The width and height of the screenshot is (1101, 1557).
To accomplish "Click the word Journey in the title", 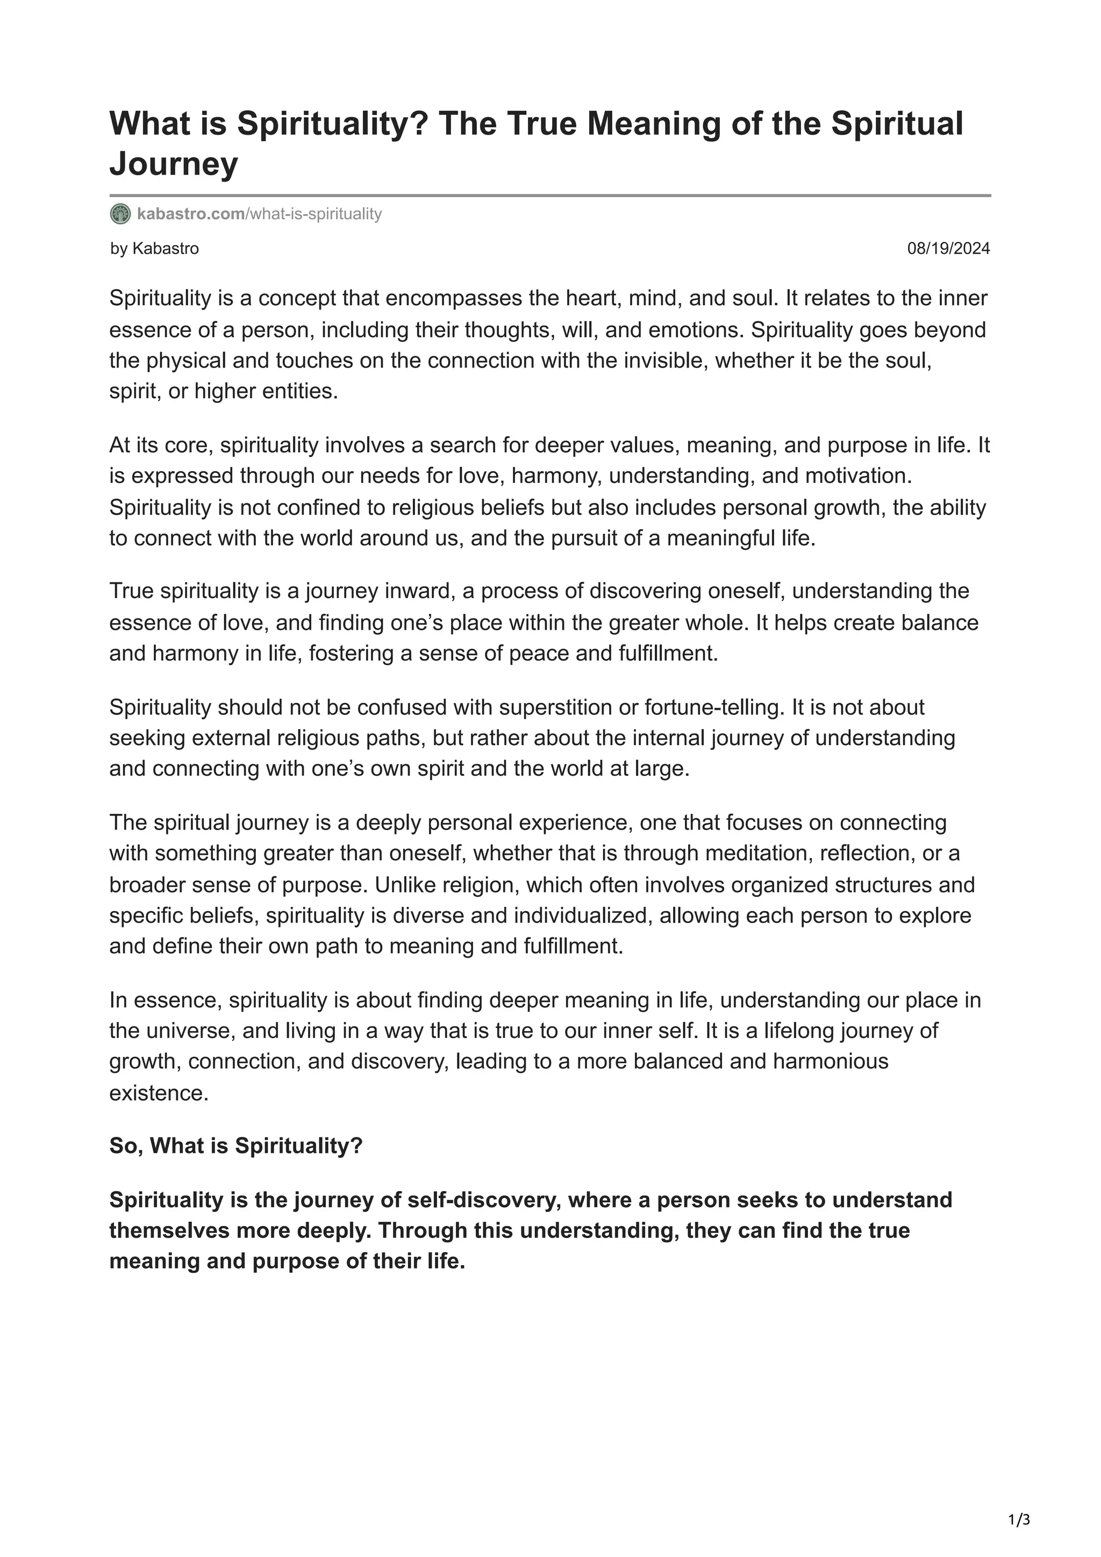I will tap(174, 163).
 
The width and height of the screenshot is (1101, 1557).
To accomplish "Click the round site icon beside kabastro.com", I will tap(120, 214).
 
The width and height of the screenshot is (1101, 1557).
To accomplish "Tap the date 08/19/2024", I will tap(948, 249).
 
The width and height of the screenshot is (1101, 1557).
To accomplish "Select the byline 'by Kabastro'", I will tap(155, 249).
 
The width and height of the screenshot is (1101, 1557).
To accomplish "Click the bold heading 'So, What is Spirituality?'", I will tap(236, 1146).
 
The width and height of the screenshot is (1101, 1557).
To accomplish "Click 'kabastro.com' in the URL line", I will tap(191, 214).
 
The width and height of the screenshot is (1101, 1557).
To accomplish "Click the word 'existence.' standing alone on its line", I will tap(159, 1093).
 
